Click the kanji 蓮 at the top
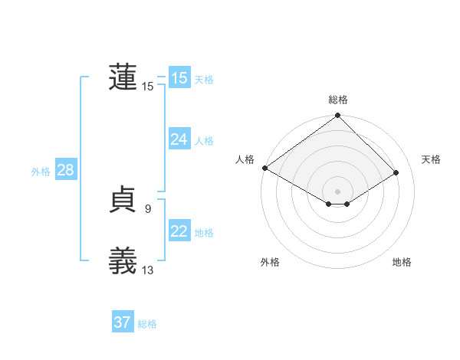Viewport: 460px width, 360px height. (123, 77)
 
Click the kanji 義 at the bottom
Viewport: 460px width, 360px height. (123, 261)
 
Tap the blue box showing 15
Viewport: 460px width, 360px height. (179, 78)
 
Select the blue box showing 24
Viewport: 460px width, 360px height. (179, 139)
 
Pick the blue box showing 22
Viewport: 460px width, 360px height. (179, 231)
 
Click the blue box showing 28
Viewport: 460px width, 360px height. (65, 170)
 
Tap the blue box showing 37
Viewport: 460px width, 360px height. (123, 322)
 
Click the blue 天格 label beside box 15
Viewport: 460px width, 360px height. (204, 79)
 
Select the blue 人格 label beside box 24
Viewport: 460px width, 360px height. (204, 140)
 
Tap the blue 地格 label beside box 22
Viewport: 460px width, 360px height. (204, 232)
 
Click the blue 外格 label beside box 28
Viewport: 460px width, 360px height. (41, 172)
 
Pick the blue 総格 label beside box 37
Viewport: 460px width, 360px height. (147, 324)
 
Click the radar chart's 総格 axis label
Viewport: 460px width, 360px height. (337, 100)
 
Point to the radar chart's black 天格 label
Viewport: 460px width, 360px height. (431, 159)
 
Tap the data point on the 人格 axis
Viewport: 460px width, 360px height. (264, 168)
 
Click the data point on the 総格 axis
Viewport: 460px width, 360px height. (337, 116)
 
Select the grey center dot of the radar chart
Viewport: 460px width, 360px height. (337, 191)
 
